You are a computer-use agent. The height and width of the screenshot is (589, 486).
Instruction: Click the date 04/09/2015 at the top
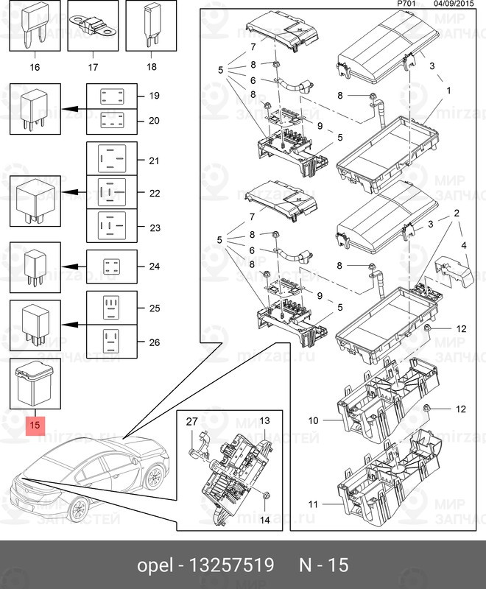[454, 4]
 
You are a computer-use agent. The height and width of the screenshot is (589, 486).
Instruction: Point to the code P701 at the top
[406, 4]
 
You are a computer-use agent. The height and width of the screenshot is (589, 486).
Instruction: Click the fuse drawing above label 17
[93, 27]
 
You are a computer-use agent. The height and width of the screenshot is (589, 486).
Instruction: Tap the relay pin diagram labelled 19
[113, 96]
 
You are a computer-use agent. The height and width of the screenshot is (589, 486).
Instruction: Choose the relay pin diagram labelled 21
[113, 161]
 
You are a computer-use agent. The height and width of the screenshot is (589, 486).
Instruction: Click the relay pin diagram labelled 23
[113, 226]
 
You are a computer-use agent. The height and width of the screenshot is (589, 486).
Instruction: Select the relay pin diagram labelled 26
[113, 341]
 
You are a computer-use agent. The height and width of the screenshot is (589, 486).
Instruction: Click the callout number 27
[191, 422]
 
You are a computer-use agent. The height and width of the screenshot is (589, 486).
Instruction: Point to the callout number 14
[266, 520]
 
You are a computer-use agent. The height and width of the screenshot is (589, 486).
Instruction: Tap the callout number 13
[266, 420]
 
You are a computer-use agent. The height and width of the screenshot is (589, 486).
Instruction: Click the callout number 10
[313, 420]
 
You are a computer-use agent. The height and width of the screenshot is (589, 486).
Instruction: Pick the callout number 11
[313, 504]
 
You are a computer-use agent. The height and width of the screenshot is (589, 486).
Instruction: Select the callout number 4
[463, 244]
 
